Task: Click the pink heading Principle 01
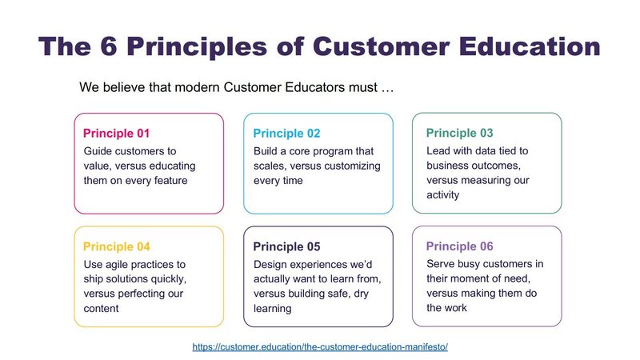pos(116,134)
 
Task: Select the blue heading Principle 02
pos(286,134)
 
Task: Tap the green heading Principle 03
pos(459,133)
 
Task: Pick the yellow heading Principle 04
pos(116,246)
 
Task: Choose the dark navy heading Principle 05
pos(286,246)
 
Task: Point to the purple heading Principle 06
pos(459,246)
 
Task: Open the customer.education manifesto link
pos(320,347)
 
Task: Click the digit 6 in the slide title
pos(109,46)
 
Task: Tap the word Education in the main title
pos(530,46)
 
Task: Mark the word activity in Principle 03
pos(443,195)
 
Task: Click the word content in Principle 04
pos(101,309)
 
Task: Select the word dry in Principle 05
pos(362,294)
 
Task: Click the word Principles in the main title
pos(197,46)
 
